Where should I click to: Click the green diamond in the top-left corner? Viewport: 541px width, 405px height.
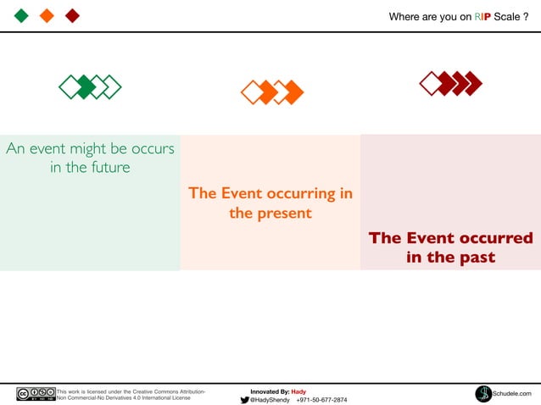point(22,16)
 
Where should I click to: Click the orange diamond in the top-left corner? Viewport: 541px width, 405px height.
point(47,16)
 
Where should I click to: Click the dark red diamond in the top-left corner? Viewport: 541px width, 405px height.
point(73,16)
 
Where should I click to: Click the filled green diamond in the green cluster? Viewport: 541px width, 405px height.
point(85,86)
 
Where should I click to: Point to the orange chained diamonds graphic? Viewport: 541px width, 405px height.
point(272,92)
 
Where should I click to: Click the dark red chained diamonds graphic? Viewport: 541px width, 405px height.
point(451,83)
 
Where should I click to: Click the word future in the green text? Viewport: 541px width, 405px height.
point(104,168)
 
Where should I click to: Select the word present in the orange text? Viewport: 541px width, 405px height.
point(282,214)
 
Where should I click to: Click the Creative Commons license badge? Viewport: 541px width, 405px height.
point(36,394)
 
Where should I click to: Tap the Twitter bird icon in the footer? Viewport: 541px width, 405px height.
point(244,400)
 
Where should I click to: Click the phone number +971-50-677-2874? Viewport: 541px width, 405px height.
point(321,400)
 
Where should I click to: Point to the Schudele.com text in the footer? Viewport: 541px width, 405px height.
point(512,394)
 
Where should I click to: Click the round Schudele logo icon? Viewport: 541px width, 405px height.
point(483,394)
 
